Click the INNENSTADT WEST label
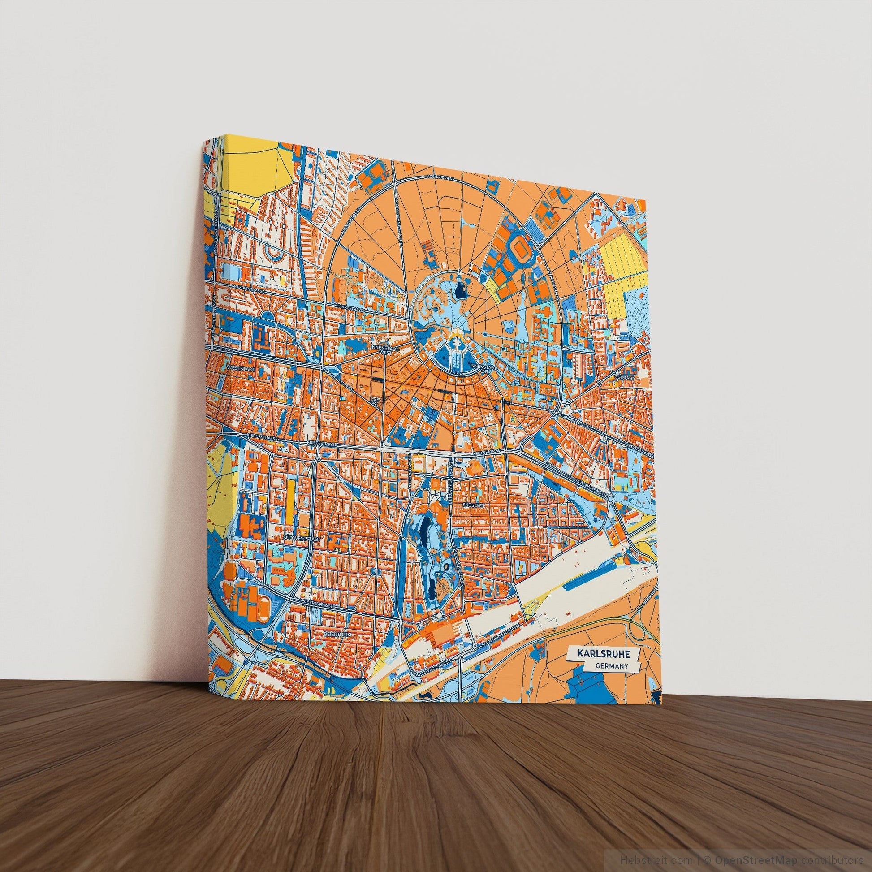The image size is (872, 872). [380, 350]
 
